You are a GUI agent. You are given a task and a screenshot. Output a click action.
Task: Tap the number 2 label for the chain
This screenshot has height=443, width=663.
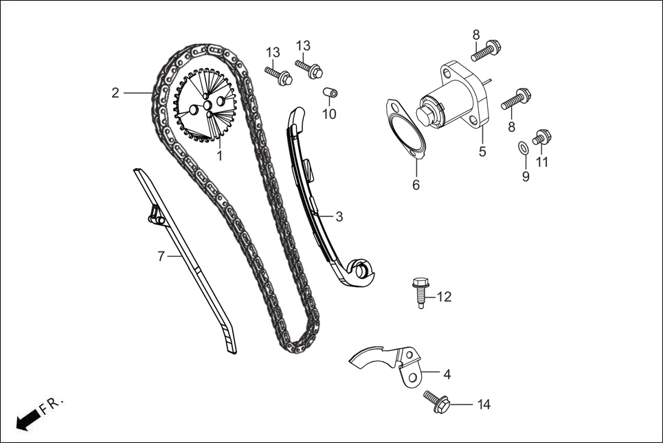point(115,93)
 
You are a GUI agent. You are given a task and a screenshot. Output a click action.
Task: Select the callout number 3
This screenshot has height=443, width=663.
point(339,216)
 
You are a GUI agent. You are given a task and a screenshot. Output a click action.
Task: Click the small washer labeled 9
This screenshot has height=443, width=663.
point(522,146)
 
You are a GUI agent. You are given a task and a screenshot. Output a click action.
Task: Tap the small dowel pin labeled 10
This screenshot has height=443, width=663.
point(330,93)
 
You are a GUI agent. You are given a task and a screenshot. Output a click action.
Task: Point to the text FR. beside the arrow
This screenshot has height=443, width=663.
point(52,405)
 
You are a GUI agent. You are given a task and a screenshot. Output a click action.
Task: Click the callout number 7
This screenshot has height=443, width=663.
point(161,256)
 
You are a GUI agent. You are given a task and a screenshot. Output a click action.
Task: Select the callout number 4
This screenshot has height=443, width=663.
point(447,375)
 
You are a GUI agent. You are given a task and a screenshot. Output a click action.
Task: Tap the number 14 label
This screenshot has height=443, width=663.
point(484,405)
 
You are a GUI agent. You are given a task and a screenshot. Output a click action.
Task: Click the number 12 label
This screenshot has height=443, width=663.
point(444,297)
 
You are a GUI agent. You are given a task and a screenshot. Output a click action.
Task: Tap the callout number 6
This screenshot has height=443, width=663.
point(416,185)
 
